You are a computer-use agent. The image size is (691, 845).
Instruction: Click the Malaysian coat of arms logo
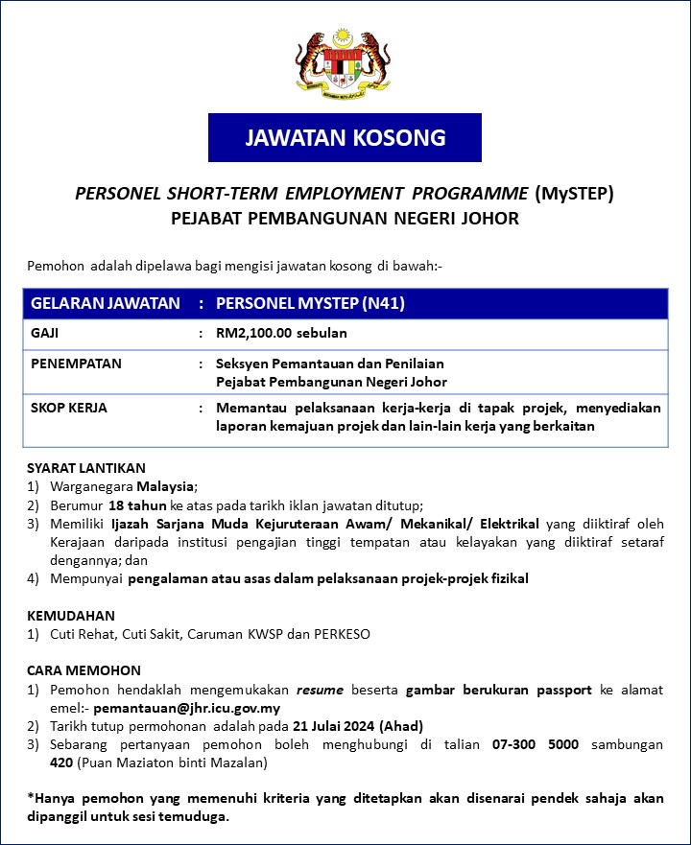[344, 63]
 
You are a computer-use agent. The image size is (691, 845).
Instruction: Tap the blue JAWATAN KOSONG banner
[345, 137]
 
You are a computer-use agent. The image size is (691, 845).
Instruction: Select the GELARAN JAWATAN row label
[106, 303]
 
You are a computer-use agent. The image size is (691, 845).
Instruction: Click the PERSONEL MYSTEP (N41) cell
[311, 303]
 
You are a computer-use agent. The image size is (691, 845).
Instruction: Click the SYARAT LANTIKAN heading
[86, 468]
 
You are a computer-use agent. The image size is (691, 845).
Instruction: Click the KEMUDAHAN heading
[70, 616]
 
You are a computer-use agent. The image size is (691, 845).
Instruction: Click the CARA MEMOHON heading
[83, 670]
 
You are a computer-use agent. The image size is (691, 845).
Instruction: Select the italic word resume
[320, 690]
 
